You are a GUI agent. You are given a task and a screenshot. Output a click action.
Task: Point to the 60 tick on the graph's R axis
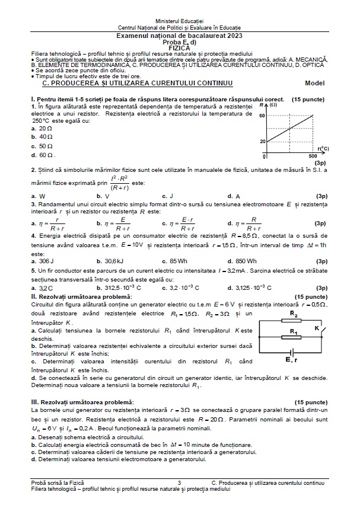click(262, 116)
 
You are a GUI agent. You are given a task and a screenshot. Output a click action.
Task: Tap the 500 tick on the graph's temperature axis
click(313, 155)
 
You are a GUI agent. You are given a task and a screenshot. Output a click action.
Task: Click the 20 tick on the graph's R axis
click(262, 141)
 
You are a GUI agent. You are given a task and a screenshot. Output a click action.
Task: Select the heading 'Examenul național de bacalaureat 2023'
click(180, 37)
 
